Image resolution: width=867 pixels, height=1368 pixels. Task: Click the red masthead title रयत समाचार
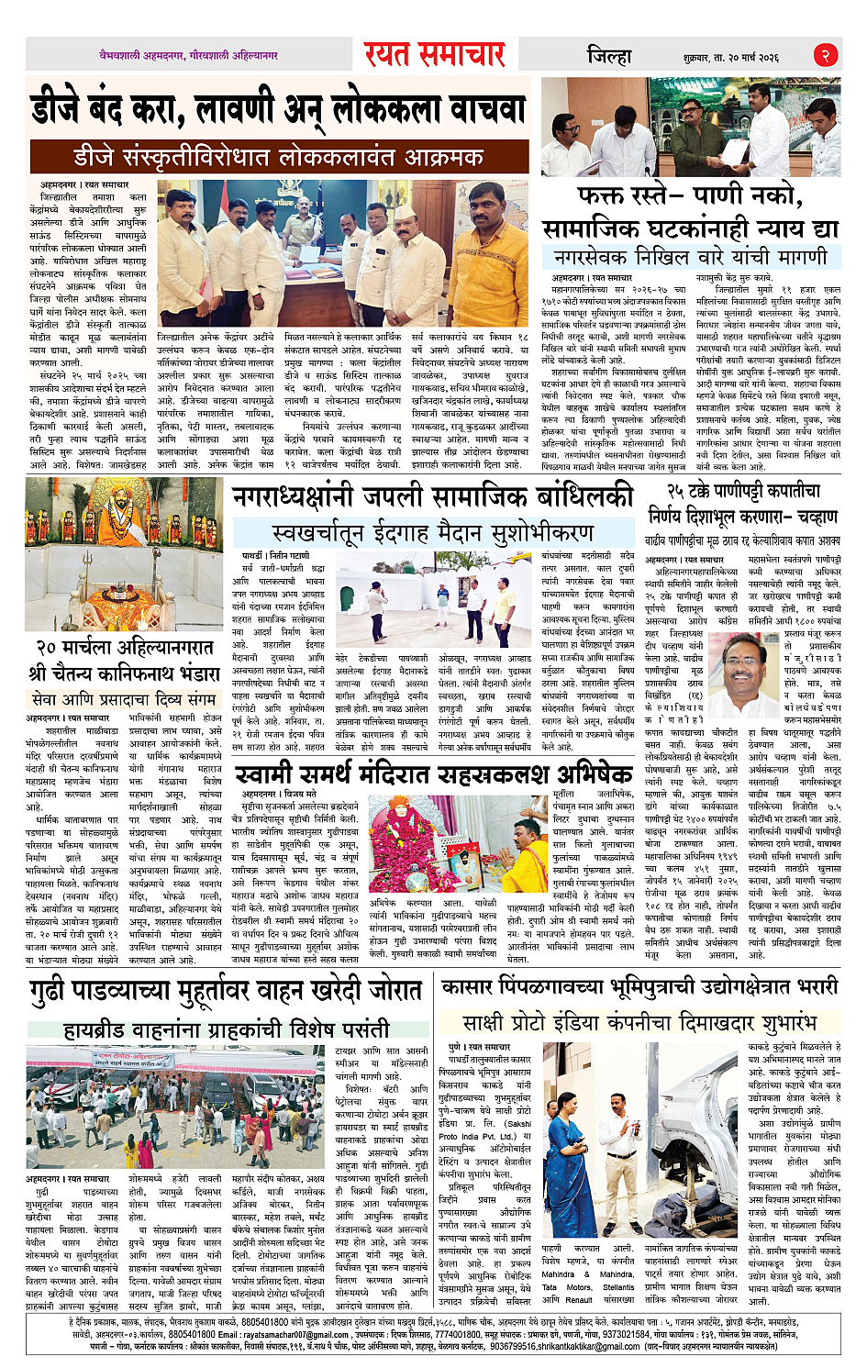434,54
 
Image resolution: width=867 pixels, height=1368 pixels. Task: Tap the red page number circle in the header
825,55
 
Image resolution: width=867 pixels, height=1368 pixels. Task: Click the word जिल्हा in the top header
609,55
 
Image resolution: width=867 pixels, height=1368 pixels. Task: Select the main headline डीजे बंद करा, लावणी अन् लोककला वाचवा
277,110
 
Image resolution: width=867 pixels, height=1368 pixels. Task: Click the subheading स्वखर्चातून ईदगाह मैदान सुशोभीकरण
432,533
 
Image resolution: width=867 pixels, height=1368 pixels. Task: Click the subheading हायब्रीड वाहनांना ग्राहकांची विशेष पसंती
227,1029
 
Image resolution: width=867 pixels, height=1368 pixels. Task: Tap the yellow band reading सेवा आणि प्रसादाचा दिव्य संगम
124,698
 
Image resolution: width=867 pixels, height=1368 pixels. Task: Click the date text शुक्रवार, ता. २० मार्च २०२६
730,57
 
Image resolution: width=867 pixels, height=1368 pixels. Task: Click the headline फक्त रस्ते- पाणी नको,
689,195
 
